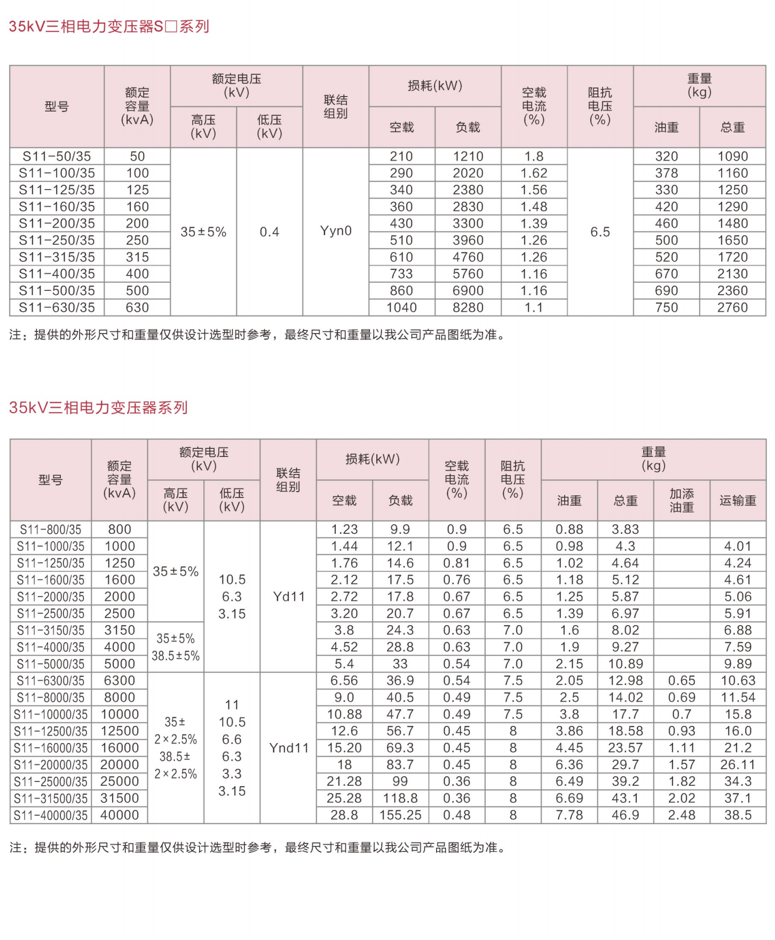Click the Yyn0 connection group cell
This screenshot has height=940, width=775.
point(336,231)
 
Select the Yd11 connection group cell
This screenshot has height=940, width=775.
point(289,597)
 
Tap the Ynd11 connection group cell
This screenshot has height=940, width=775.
point(289,748)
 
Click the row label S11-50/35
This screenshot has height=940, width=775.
point(57,156)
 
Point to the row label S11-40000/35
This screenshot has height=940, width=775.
point(51,816)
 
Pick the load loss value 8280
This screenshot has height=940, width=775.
point(468,308)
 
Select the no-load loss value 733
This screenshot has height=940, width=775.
point(401,274)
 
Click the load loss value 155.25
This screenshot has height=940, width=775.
point(400,816)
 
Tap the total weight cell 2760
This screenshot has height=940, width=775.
point(732,308)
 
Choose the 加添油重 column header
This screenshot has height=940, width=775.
point(682,501)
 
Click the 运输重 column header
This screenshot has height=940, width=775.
point(738,501)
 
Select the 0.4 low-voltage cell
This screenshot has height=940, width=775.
point(270,232)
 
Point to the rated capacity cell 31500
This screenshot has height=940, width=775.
point(120,799)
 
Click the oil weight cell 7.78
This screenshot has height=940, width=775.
point(570,816)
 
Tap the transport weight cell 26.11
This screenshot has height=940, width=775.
point(738,765)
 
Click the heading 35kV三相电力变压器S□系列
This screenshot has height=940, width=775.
point(109,27)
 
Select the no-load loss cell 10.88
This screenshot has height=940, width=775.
point(344,715)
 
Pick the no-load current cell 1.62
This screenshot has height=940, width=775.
point(534,173)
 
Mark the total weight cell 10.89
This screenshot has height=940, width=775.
point(626,664)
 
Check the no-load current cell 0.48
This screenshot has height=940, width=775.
point(457,816)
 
